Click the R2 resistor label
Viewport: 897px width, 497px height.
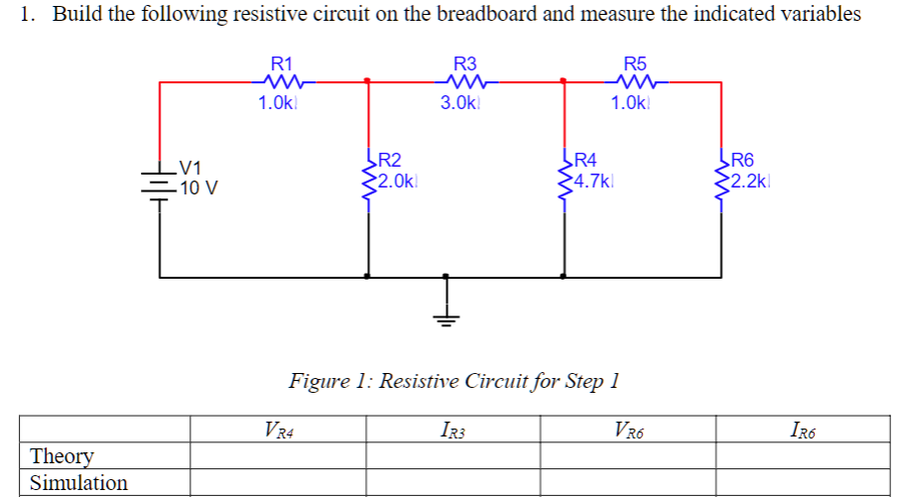click(x=390, y=160)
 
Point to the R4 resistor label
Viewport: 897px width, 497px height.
click(x=586, y=160)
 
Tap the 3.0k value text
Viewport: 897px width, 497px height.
click(x=460, y=103)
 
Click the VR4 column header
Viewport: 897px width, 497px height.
click(x=281, y=430)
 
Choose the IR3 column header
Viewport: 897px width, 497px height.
click(x=451, y=430)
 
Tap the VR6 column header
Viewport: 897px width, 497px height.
click(x=628, y=430)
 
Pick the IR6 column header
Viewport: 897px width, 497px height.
click(x=805, y=430)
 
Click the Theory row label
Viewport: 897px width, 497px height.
click(x=63, y=455)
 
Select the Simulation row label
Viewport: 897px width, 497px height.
click(x=79, y=483)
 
